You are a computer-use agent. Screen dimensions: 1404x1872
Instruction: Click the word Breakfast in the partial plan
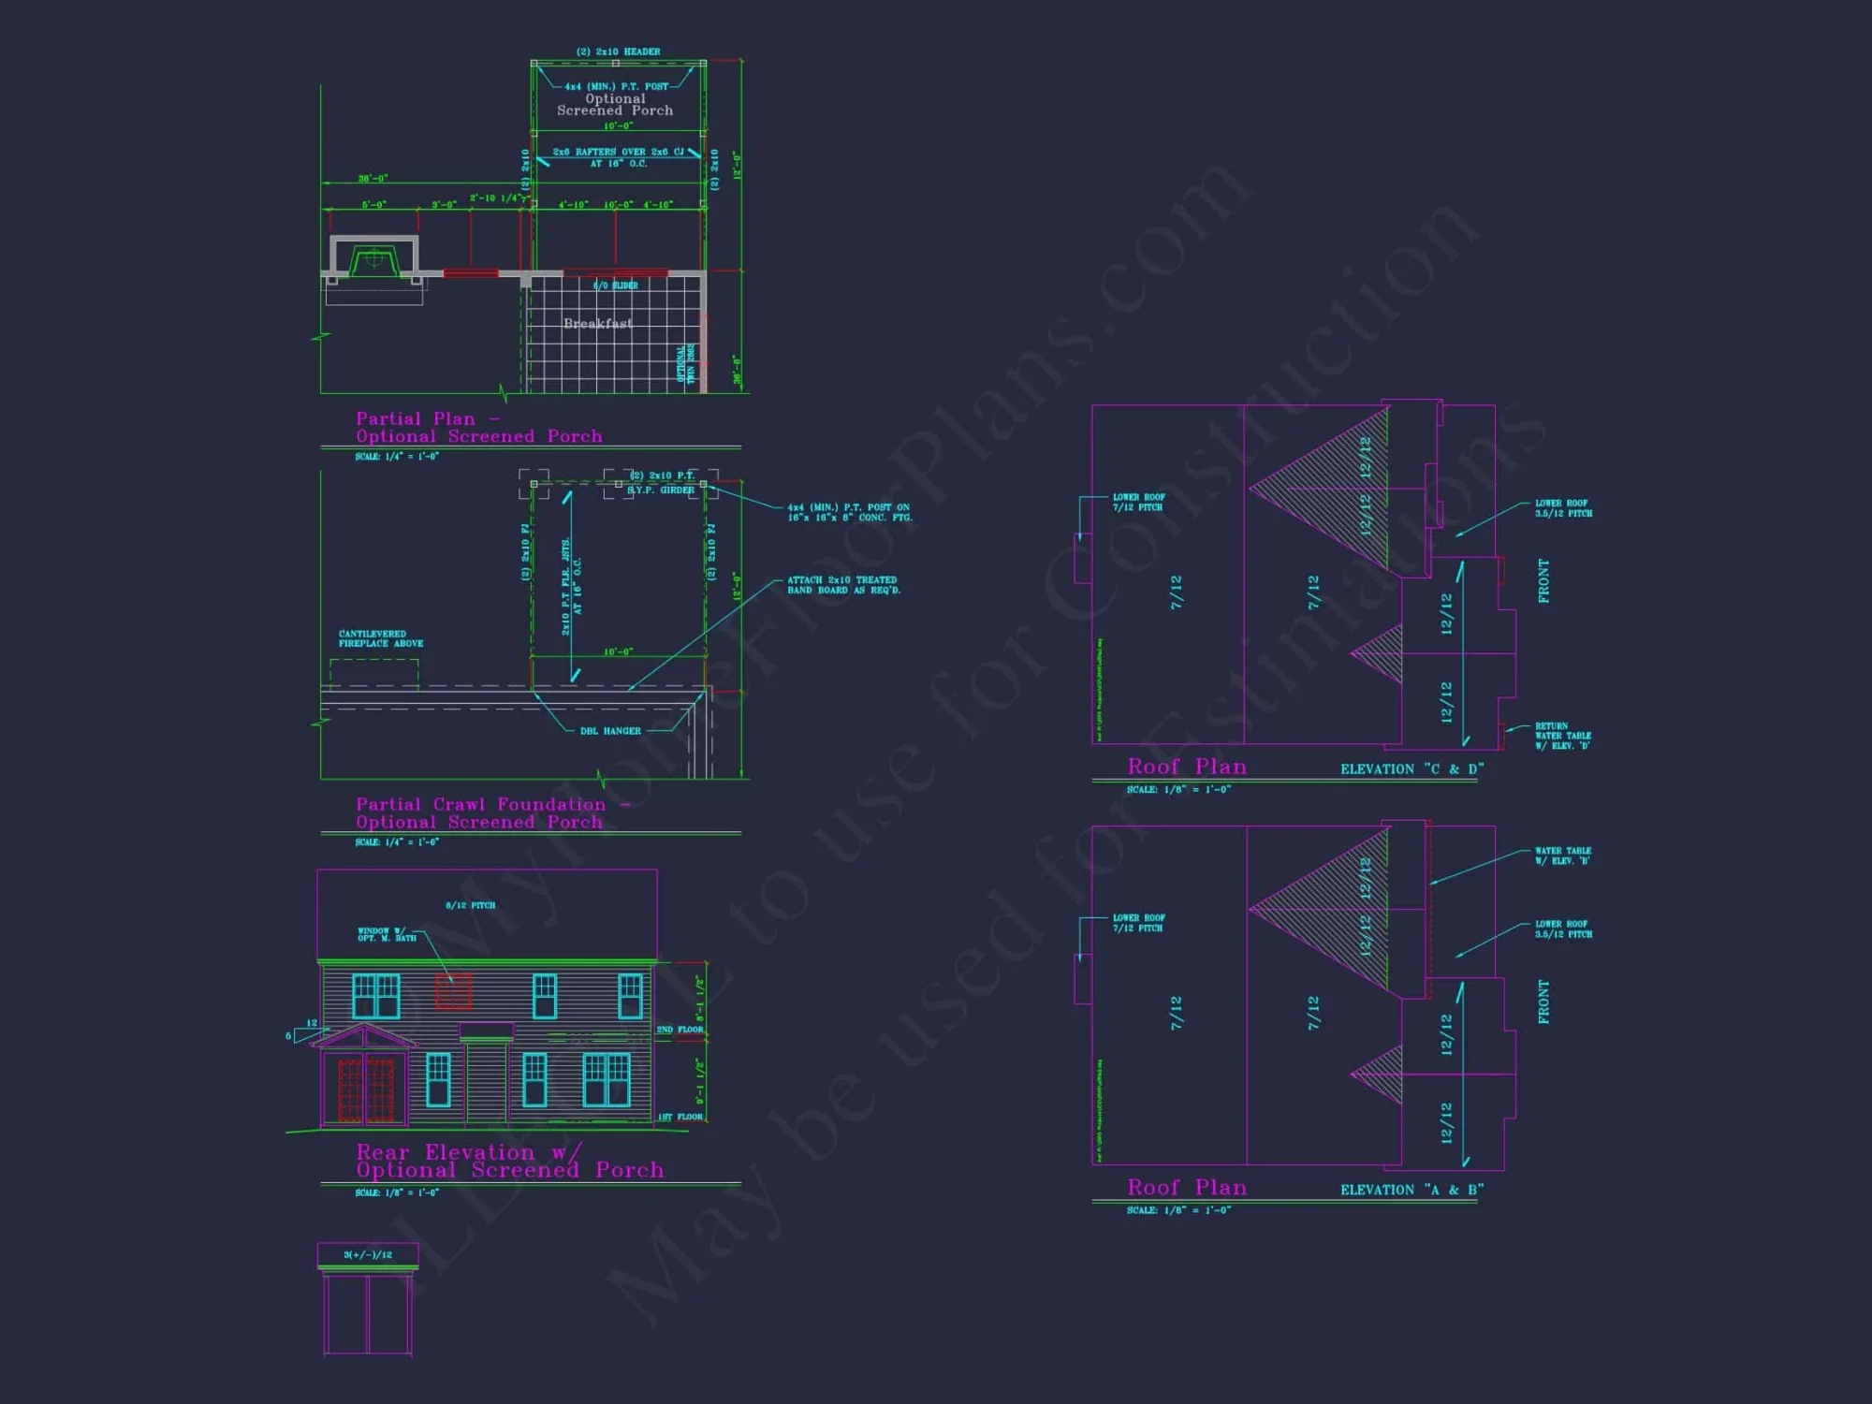pyautogui.click(x=597, y=324)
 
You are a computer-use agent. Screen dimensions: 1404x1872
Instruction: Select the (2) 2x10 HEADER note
pyautogui.click(x=618, y=51)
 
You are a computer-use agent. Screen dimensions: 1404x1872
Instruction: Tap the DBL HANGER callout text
pyautogui.click(x=610, y=731)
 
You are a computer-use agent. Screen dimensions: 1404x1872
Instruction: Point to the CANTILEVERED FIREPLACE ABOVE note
pyautogui.click(x=381, y=638)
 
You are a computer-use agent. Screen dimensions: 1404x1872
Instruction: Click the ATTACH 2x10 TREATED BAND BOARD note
pyautogui.click(x=842, y=585)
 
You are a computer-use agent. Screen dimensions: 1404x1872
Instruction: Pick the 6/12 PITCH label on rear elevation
pyautogui.click(x=470, y=905)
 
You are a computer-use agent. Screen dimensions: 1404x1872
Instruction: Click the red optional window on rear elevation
pyautogui.click(x=454, y=991)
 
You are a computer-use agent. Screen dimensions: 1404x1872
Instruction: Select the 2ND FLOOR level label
pyautogui.click(x=680, y=1030)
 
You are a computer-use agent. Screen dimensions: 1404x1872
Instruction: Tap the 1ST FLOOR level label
pyautogui.click(x=680, y=1117)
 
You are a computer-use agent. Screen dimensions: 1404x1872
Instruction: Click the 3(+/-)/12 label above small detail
pyautogui.click(x=368, y=1254)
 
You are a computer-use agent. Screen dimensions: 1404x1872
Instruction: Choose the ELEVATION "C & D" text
pyautogui.click(x=1411, y=769)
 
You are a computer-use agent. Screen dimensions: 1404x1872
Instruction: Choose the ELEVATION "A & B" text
pyautogui.click(x=1411, y=1190)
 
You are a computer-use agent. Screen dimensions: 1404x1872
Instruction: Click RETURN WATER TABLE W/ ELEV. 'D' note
pyautogui.click(x=1562, y=736)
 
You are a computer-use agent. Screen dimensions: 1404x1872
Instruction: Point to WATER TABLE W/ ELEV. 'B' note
pyautogui.click(x=1562, y=856)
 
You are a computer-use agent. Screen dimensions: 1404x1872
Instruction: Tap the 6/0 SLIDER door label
pyautogui.click(x=616, y=285)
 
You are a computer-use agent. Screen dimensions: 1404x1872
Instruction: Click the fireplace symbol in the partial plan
pyautogui.click(x=373, y=258)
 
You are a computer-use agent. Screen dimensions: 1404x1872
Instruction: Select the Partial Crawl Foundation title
pyautogui.click(x=480, y=805)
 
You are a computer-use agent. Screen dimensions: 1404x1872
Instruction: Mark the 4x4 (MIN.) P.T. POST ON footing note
pyautogui.click(x=849, y=512)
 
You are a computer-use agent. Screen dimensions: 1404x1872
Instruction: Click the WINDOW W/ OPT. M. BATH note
pyautogui.click(x=387, y=934)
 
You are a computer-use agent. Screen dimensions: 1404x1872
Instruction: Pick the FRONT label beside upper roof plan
pyautogui.click(x=1543, y=581)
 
